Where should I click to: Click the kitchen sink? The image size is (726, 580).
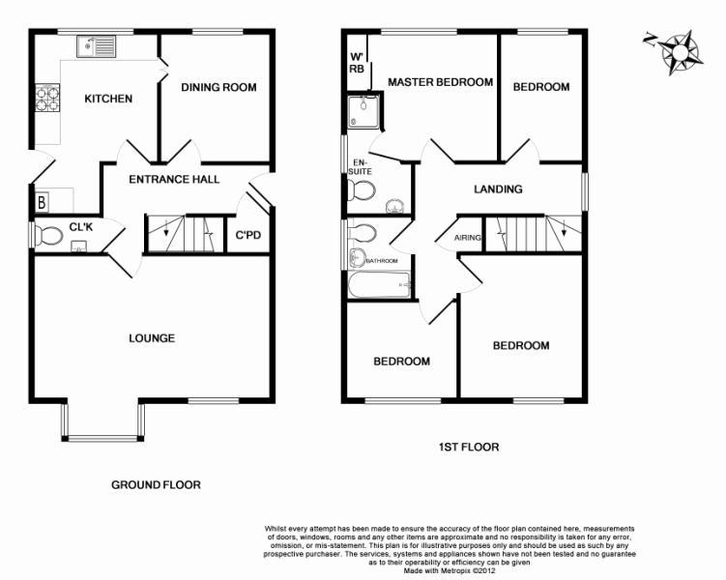[97, 46]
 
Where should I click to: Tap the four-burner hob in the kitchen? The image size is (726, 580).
[47, 98]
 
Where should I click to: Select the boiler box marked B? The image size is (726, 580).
[42, 202]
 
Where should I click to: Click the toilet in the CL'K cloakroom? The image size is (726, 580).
[48, 236]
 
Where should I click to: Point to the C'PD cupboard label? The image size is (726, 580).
[248, 236]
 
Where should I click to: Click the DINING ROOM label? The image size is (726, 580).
[218, 87]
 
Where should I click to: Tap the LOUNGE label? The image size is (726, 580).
[152, 338]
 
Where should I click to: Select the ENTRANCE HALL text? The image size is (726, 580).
[174, 179]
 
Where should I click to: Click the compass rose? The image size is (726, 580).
[678, 51]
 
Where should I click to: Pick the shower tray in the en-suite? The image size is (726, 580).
[365, 111]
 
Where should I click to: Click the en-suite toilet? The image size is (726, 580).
[362, 190]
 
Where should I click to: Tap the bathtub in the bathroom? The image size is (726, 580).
[379, 284]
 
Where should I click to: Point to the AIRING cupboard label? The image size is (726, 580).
[467, 238]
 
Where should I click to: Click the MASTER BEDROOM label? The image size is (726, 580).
[440, 82]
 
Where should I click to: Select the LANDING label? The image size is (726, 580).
[498, 188]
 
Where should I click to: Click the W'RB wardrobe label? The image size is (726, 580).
[357, 63]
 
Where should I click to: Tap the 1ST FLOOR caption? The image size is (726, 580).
[469, 448]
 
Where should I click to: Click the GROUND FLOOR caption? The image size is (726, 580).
[156, 485]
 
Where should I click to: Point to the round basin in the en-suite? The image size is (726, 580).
[394, 206]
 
